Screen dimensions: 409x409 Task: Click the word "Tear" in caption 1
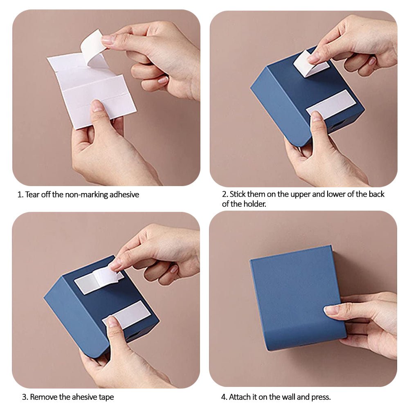pos(32,195)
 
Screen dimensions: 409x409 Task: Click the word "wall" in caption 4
pos(288,397)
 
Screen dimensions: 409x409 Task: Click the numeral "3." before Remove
pos(25,397)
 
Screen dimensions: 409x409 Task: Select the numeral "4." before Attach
pos(224,397)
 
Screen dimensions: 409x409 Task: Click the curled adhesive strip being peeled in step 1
pos(92,47)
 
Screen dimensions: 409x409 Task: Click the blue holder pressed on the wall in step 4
pos(297,297)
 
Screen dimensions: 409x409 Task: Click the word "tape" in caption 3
pos(106,398)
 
